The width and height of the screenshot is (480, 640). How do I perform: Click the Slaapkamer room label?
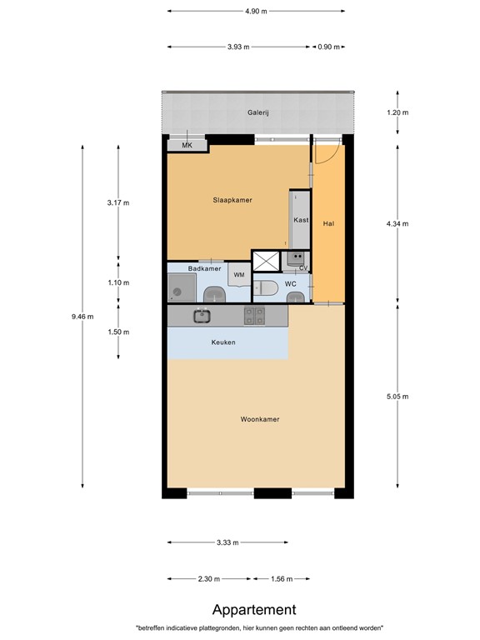232,200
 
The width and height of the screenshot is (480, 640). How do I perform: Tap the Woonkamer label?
259,419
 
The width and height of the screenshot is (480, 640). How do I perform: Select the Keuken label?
223,342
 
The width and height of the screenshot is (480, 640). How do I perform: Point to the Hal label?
328,223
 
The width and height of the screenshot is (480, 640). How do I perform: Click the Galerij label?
258,112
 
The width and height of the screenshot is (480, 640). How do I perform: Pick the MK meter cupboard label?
187,146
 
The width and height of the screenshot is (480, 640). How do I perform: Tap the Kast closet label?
301,220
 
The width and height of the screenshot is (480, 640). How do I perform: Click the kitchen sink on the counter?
202,316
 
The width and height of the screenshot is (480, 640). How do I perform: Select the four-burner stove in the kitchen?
254,316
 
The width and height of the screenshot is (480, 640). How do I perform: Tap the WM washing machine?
238,275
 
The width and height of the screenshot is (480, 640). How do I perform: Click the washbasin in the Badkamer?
214,294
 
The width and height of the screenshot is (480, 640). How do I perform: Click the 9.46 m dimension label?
83,316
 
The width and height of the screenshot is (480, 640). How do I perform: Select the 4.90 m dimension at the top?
257,11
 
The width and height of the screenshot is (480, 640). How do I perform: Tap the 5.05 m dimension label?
397,396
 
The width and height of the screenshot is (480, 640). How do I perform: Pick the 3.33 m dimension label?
227,542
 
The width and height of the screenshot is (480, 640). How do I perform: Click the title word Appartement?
254,610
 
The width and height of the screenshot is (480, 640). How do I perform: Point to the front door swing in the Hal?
326,152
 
